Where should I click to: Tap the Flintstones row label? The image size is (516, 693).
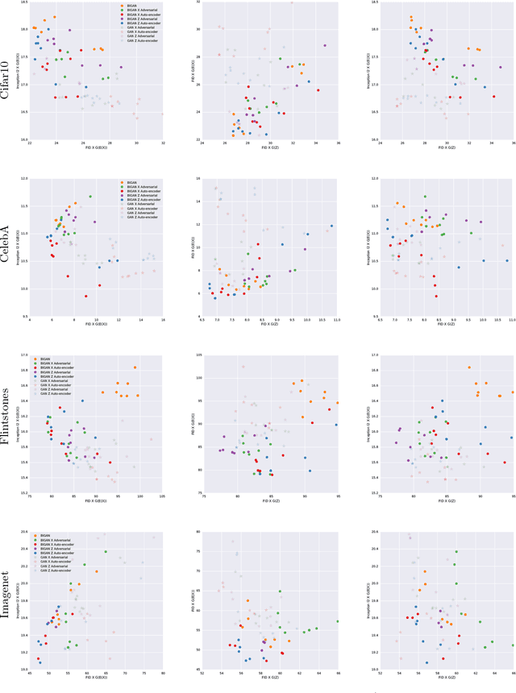point(9,424)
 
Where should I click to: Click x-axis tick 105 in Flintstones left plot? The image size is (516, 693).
point(163,498)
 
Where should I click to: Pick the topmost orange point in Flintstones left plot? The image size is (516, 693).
point(135,367)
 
